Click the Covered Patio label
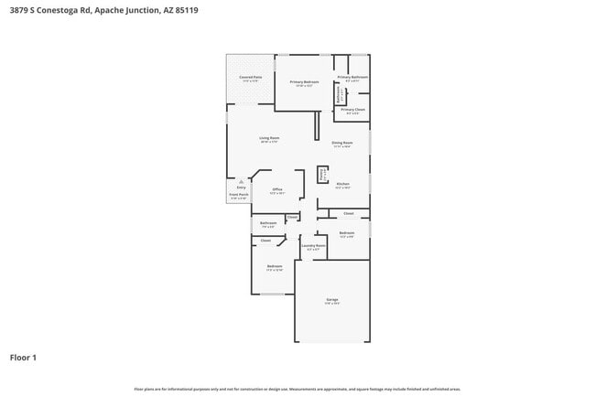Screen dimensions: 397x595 click(250, 78)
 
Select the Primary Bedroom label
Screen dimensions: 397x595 click(304, 82)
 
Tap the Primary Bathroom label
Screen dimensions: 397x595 click(352, 78)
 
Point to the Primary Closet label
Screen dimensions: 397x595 click(352, 110)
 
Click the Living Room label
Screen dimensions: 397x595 click(268, 138)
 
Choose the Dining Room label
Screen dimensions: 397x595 click(342, 143)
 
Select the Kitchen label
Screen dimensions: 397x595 click(342, 184)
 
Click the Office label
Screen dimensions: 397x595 click(276, 189)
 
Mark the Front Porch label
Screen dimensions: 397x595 click(238, 195)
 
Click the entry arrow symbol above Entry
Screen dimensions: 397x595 click(242, 181)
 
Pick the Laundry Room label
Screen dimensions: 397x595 click(313, 245)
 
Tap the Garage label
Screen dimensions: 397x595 click(331, 300)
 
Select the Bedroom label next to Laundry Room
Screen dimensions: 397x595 click(346, 233)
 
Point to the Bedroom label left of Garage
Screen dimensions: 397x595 click(274, 266)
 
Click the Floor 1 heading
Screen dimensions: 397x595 click(23, 358)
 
